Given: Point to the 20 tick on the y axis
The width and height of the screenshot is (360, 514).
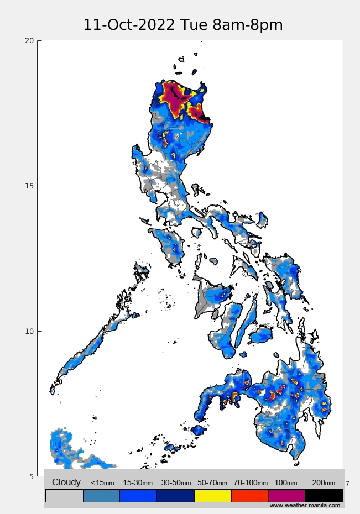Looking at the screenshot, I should click(x=30, y=40).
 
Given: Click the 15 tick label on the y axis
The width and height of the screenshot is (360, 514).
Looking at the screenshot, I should click(x=30, y=186).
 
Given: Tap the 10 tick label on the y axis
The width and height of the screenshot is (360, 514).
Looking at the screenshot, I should click(x=30, y=331).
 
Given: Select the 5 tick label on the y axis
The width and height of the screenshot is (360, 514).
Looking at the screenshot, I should click(x=32, y=476).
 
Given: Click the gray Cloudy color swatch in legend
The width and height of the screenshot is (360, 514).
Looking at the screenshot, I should click(x=65, y=496).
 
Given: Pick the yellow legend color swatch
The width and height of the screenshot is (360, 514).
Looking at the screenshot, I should click(x=212, y=496).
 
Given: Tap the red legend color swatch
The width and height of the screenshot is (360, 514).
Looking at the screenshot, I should click(x=249, y=496).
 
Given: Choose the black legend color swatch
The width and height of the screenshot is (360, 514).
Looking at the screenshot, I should click(x=324, y=496).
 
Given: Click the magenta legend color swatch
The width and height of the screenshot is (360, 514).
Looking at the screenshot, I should click(x=286, y=496).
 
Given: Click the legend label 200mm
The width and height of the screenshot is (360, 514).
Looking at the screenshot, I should click(x=324, y=483).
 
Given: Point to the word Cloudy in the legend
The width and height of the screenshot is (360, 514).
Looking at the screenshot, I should click(x=66, y=482).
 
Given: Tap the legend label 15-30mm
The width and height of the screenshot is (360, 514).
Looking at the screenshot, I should click(x=138, y=483).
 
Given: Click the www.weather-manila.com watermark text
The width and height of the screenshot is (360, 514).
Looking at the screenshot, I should click(x=305, y=506).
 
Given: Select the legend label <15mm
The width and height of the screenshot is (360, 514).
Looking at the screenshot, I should click(x=102, y=483).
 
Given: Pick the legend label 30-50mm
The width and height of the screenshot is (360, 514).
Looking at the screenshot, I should click(x=176, y=483).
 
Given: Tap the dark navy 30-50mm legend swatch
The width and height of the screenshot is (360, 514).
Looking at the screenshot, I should click(x=175, y=496).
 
